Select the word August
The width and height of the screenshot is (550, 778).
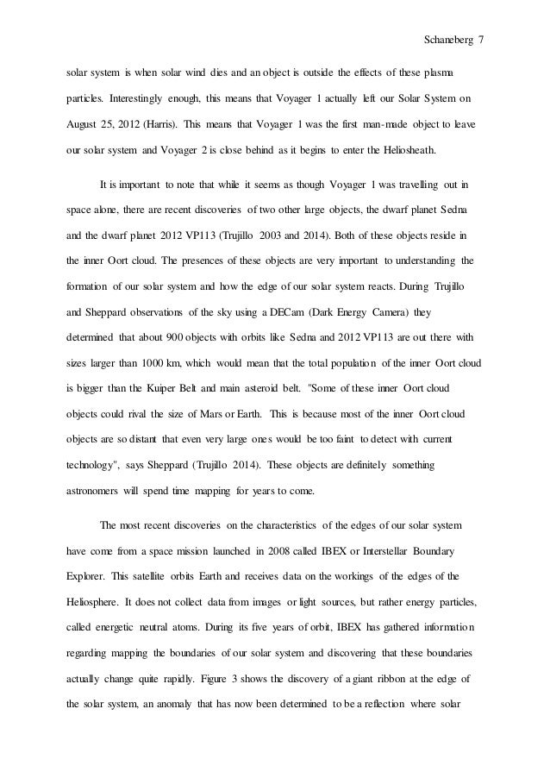point(86,123)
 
